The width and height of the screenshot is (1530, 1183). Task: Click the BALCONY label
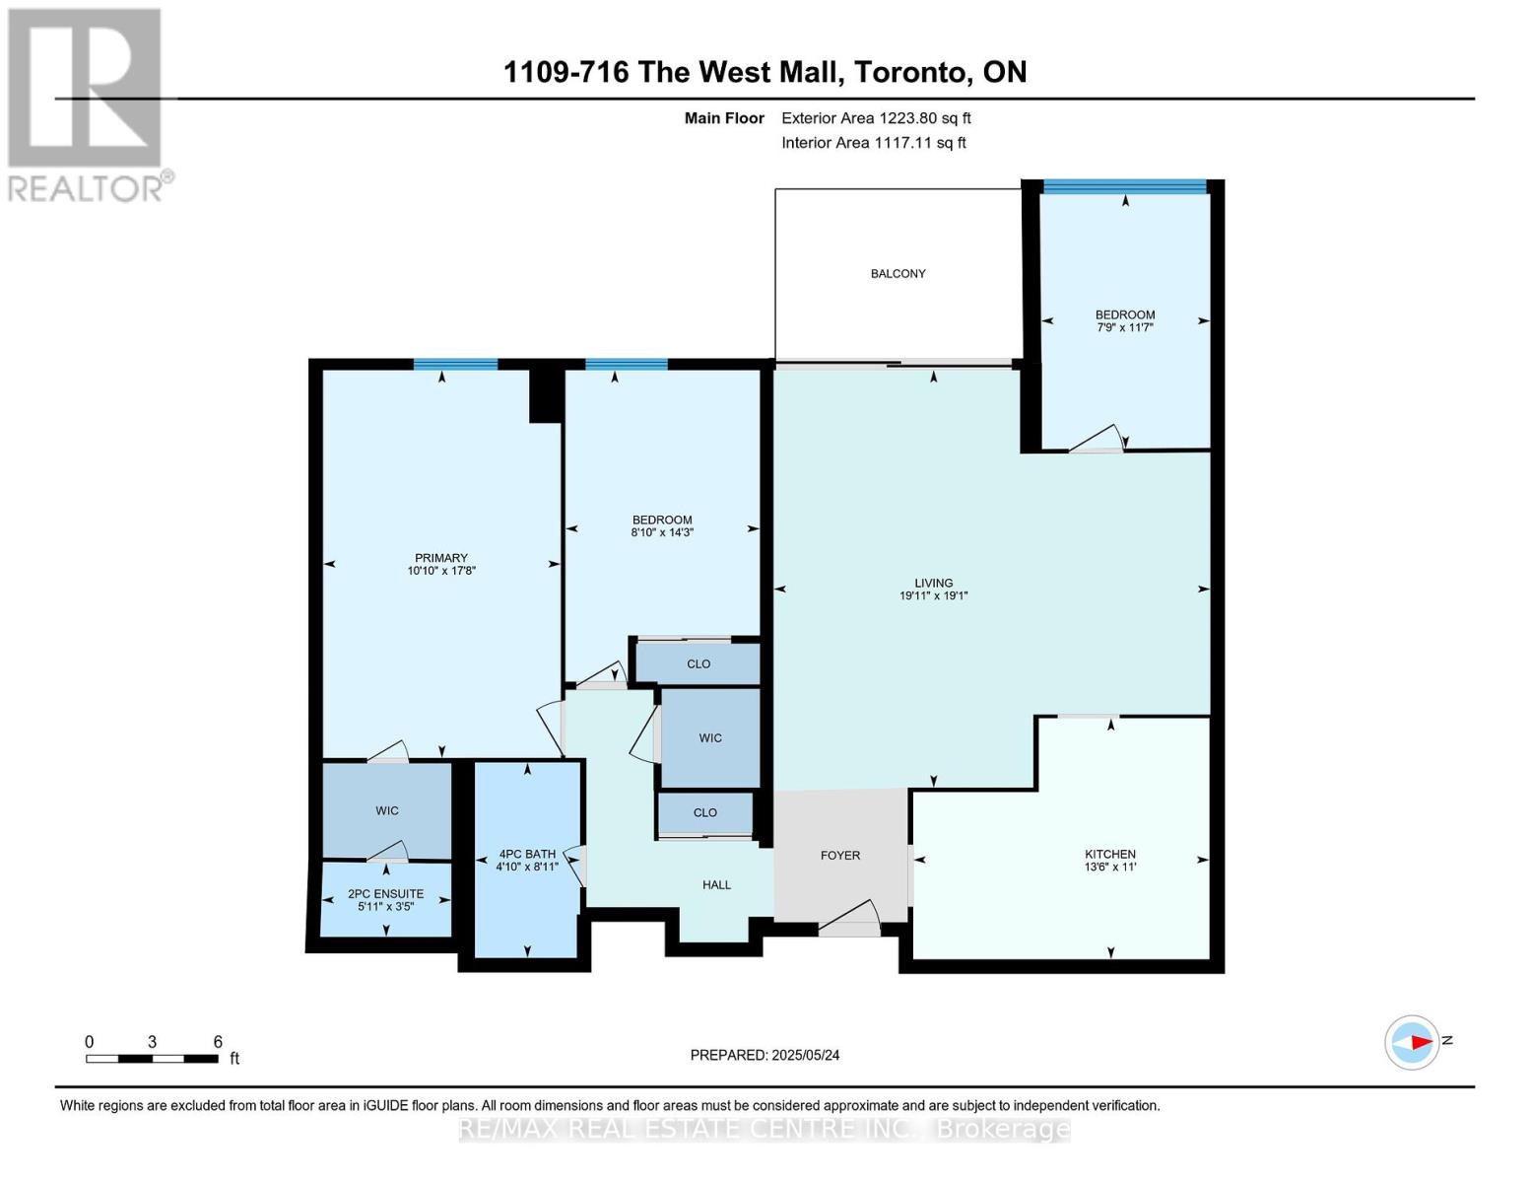[898, 274]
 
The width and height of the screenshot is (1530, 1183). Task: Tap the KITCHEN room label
[1109, 855]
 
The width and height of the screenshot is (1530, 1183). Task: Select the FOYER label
[840, 856]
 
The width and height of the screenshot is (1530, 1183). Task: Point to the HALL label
[717, 885]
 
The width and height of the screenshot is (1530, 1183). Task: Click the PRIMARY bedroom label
[441, 558]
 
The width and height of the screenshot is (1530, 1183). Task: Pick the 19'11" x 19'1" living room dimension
[934, 595]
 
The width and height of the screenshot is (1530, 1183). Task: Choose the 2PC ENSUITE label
[386, 894]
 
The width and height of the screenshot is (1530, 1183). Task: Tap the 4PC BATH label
[527, 854]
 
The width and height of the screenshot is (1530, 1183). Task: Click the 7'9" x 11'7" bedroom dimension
[1124, 327]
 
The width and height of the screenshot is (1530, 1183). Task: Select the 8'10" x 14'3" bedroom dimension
[662, 532]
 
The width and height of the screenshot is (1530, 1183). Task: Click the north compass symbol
[1413, 1043]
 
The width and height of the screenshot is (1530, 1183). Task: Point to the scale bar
[152, 1059]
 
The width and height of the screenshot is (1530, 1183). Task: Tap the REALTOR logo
[85, 105]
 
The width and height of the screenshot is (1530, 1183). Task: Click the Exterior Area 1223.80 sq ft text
[876, 118]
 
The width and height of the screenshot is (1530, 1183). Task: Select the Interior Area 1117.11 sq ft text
[874, 143]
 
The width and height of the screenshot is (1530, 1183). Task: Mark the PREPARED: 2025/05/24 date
[765, 1056]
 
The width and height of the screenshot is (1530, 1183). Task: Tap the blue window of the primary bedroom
[455, 364]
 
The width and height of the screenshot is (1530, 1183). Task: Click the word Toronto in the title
[912, 73]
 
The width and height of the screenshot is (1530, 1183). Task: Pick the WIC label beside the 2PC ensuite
[387, 811]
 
